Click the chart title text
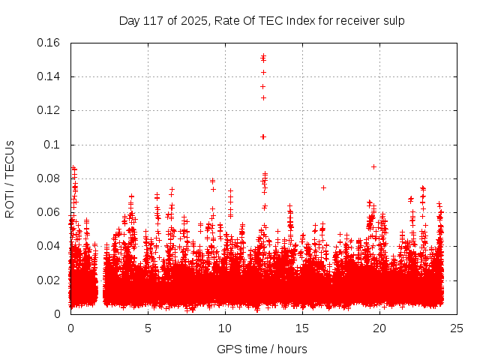(262, 20)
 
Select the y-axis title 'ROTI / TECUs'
(10, 178)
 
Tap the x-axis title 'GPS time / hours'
(262, 349)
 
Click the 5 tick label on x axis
(148, 328)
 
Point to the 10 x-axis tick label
(225, 328)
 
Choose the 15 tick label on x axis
(302, 328)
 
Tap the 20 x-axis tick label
(379, 328)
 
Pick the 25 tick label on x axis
(457, 328)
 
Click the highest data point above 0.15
(263, 55)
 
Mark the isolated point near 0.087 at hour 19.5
(373, 166)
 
